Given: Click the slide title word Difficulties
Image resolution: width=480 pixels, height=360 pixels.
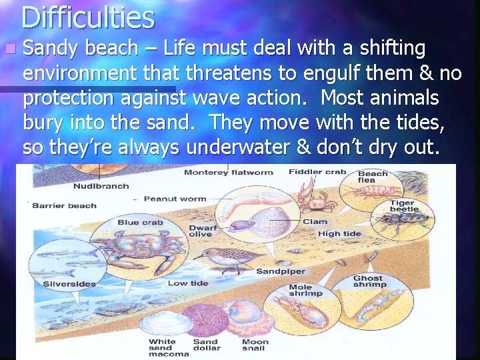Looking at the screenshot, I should tap(87, 17).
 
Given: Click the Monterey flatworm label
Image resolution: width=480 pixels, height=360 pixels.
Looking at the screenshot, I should tap(228, 173).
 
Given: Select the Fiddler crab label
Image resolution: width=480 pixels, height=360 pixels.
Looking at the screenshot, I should tap(317, 172).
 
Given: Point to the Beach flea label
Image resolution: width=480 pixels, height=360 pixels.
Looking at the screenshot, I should tap(373, 177).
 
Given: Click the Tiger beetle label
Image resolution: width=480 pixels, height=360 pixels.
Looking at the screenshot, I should tap(402, 206).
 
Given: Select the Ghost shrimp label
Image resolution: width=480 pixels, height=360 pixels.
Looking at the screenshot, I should tap(368, 281).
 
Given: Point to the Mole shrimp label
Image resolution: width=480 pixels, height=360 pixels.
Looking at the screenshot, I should tap(305, 290).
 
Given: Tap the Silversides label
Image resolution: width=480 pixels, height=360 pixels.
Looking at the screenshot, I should tap(69, 284).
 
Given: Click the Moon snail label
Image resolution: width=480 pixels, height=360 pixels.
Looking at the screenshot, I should tap(255, 345).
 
